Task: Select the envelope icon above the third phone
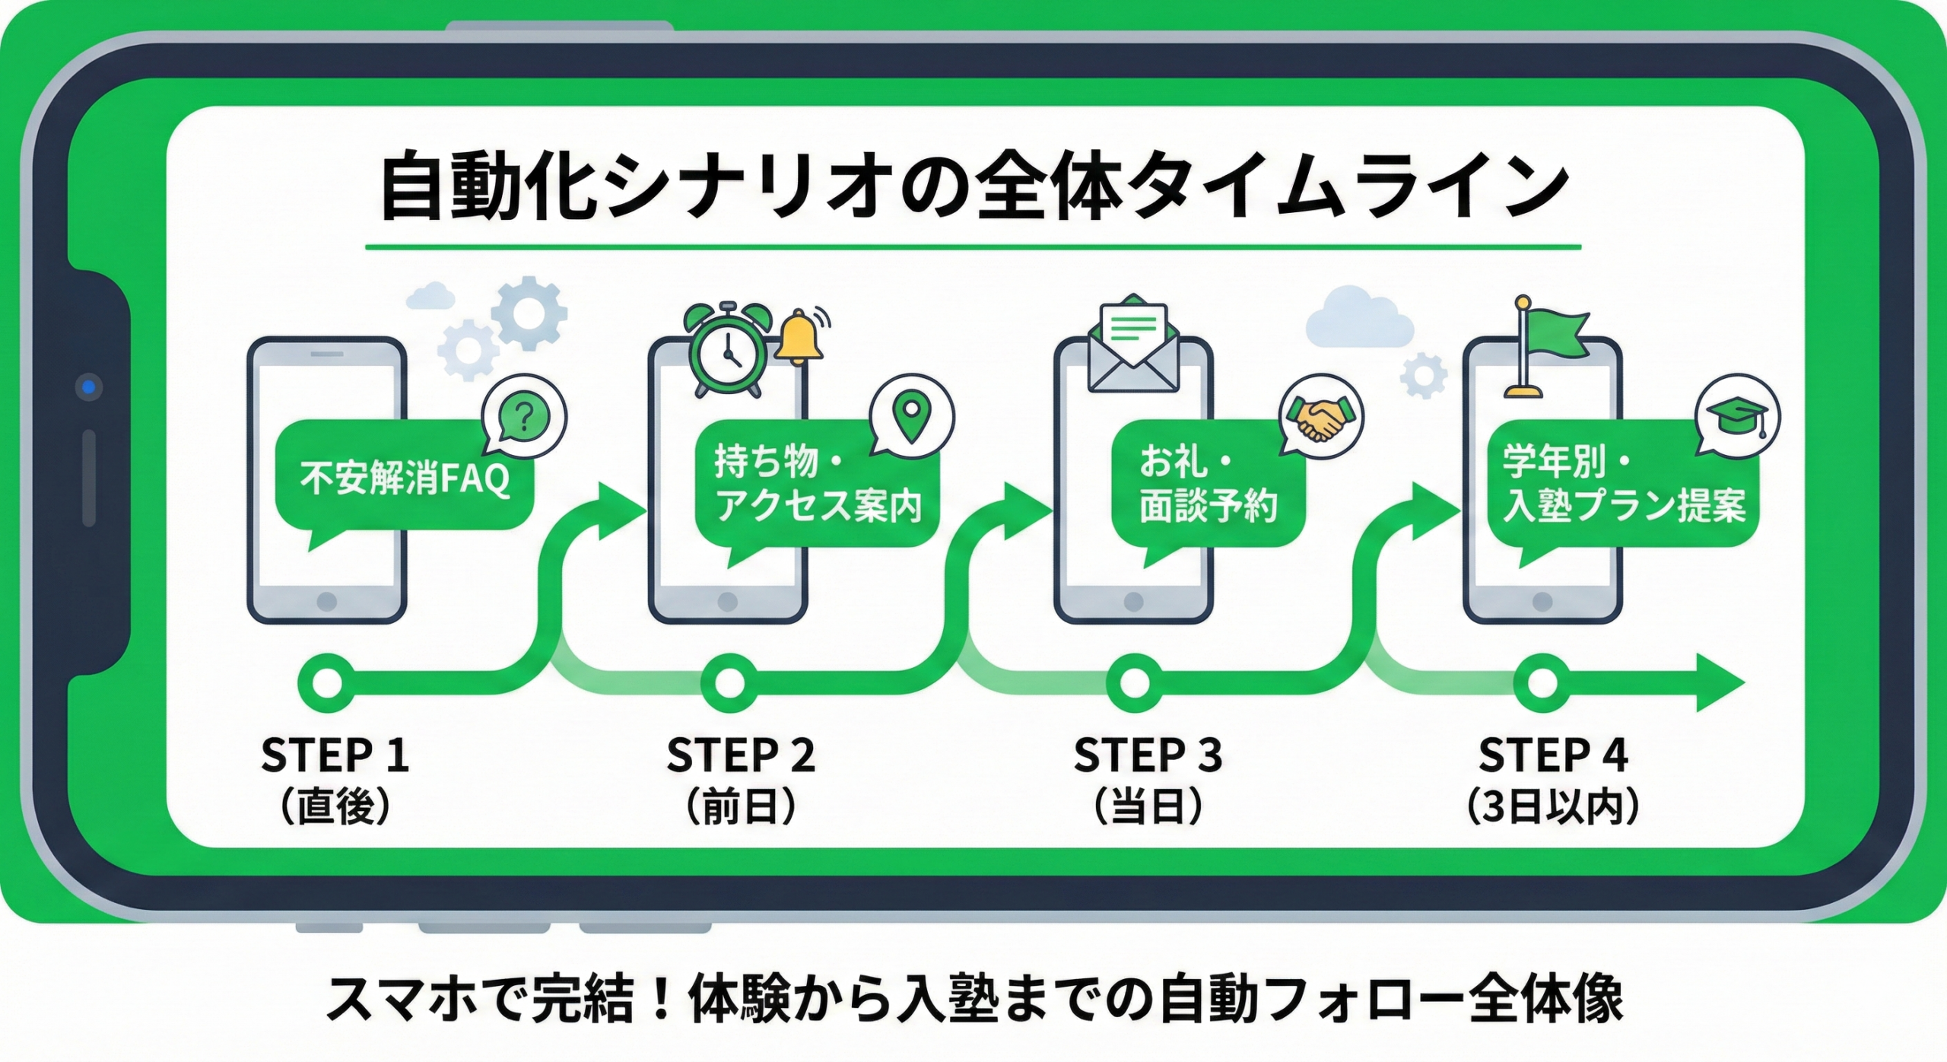[1132, 344]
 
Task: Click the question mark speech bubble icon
[524, 417]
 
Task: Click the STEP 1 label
[335, 755]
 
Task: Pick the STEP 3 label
[1147, 755]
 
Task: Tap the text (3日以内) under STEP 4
[1552, 807]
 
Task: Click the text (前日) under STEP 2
[741, 807]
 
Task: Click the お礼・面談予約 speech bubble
[1207, 484]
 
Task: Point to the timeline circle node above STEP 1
[327, 682]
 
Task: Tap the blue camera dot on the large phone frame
[89, 387]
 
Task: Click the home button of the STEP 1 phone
[327, 602]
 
